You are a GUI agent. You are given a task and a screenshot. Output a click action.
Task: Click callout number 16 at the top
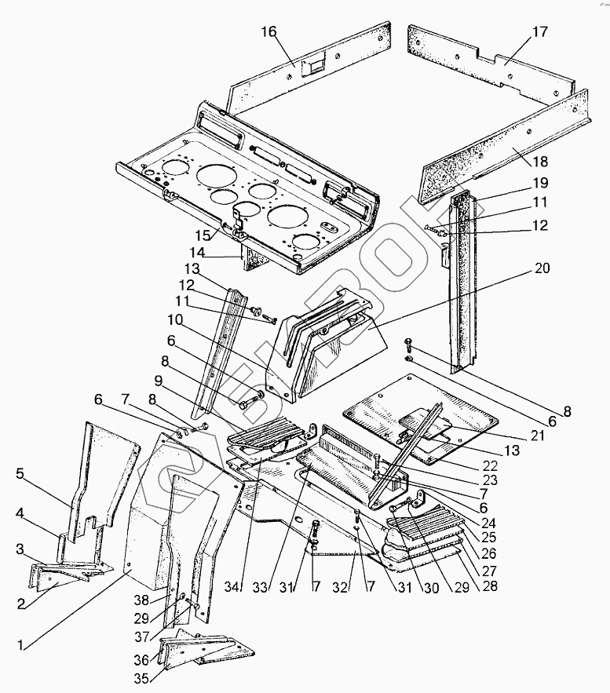pos(269,31)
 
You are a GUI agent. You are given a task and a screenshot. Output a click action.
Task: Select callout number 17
pos(539,32)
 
